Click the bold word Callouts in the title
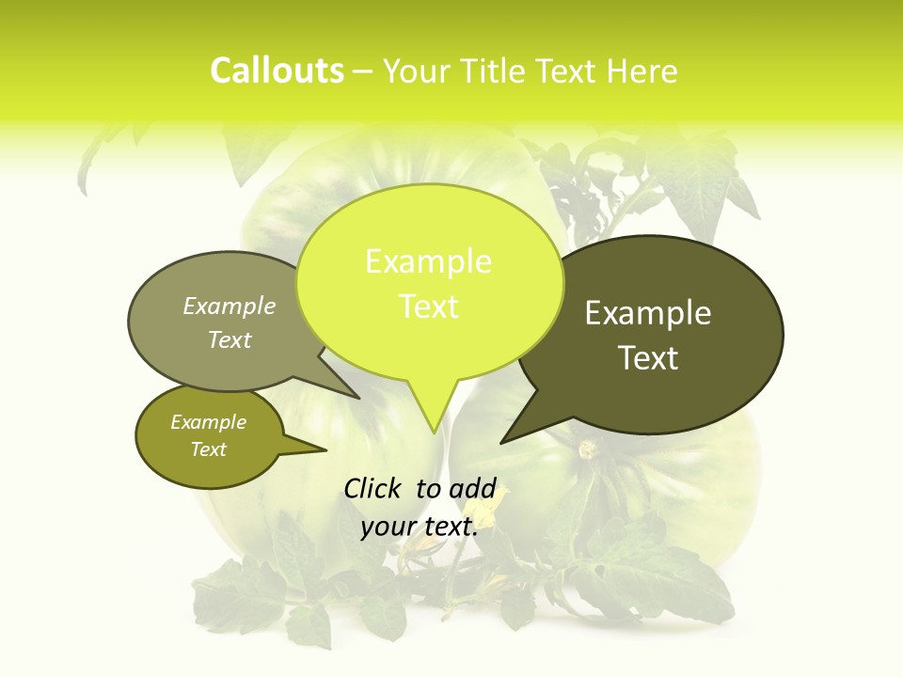277,71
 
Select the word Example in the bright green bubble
428,261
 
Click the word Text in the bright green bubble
428,307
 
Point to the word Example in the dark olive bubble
648,313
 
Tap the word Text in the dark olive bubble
648,358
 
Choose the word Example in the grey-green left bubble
230,307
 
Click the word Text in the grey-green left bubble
230,339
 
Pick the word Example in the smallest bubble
208,422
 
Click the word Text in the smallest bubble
208,449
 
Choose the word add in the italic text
472,488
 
